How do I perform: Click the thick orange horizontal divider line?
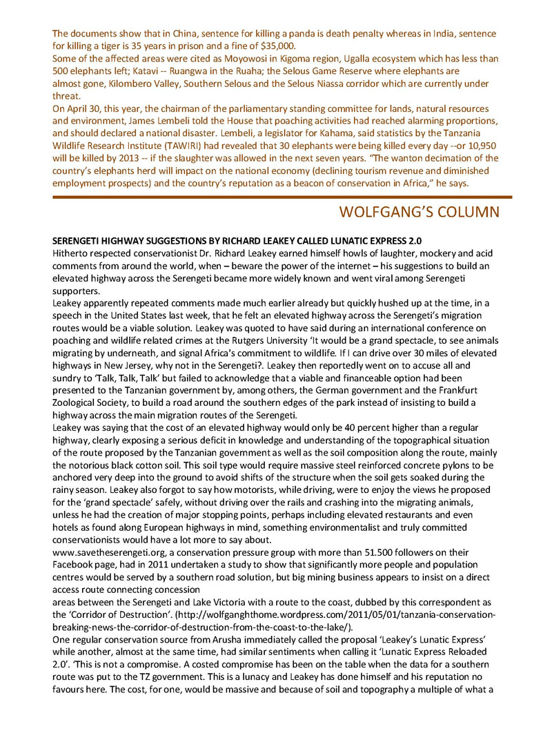pos(276,197)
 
